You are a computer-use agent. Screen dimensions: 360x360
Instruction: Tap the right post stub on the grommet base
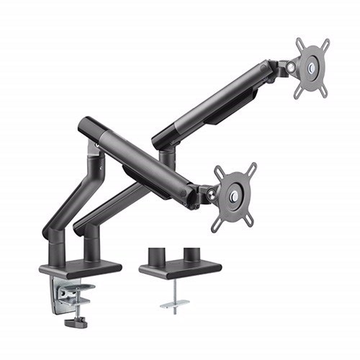click(192, 256)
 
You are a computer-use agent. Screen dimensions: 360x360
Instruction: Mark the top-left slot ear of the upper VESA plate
click(300, 42)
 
